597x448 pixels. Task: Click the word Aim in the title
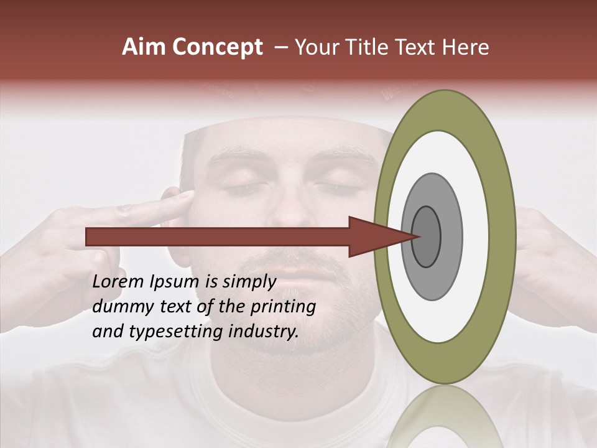(x=144, y=47)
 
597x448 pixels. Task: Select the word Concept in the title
(x=217, y=47)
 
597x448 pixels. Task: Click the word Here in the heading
(x=466, y=47)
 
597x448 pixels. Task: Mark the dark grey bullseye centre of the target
(x=427, y=236)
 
